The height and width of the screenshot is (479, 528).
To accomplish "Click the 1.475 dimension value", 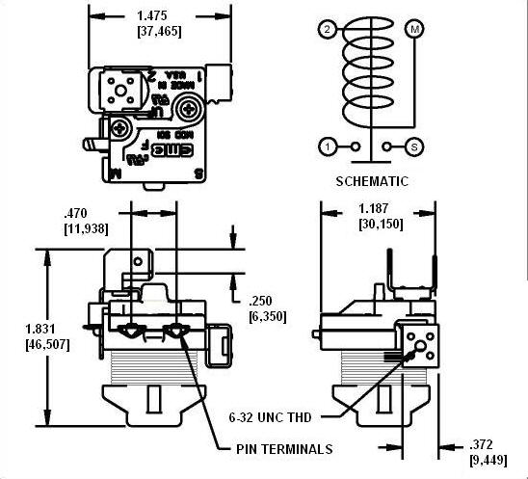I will [161, 16].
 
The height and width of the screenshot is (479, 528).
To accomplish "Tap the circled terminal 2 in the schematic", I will [329, 30].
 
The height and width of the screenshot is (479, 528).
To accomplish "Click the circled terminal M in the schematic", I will [415, 29].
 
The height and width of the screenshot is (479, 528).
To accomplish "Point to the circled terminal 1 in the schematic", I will [329, 147].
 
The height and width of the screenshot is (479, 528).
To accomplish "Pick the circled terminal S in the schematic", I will [415, 147].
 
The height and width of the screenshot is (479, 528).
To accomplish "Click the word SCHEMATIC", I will [372, 180].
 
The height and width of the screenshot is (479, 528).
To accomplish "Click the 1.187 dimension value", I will [378, 208].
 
